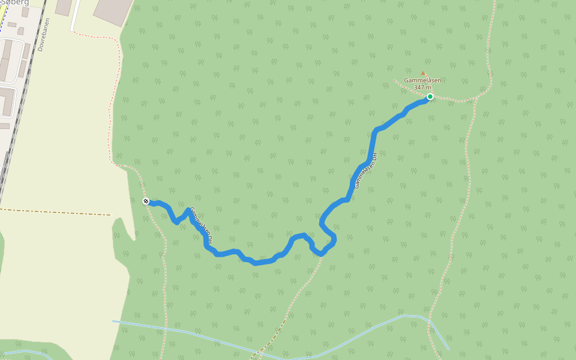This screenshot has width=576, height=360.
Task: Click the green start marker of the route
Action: point(430,97)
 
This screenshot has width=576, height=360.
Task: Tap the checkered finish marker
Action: point(146,201)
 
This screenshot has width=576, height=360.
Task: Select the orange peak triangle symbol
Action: point(422,74)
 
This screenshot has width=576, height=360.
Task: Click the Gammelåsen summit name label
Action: point(422,80)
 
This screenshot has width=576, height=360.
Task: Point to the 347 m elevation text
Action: point(422,88)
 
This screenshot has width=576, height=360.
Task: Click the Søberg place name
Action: point(15,2)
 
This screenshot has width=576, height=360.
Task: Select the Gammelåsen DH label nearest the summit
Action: point(365,170)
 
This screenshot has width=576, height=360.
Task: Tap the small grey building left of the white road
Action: point(63,7)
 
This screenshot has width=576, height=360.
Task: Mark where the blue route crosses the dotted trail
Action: point(321,254)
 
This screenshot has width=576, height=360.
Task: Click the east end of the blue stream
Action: point(448,348)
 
